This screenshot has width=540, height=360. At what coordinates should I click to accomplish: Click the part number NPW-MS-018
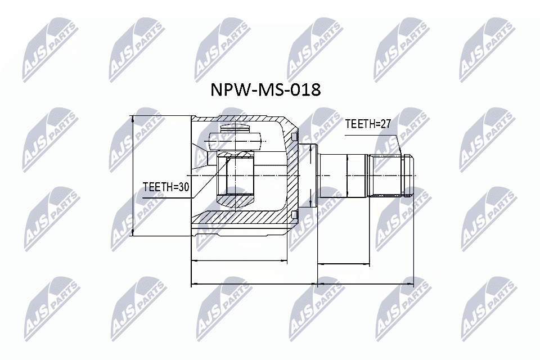click(265, 90)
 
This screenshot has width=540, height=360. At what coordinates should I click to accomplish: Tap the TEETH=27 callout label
click(367, 124)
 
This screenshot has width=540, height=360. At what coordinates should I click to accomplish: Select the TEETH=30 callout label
click(165, 188)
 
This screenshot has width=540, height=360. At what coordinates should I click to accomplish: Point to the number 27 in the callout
click(385, 124)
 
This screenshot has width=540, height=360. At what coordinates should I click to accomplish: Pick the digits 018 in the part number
click(306, 90)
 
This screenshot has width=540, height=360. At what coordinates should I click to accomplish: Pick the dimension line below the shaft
click(343, 263)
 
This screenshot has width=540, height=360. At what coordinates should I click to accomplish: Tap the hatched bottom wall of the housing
click(242, 217)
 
